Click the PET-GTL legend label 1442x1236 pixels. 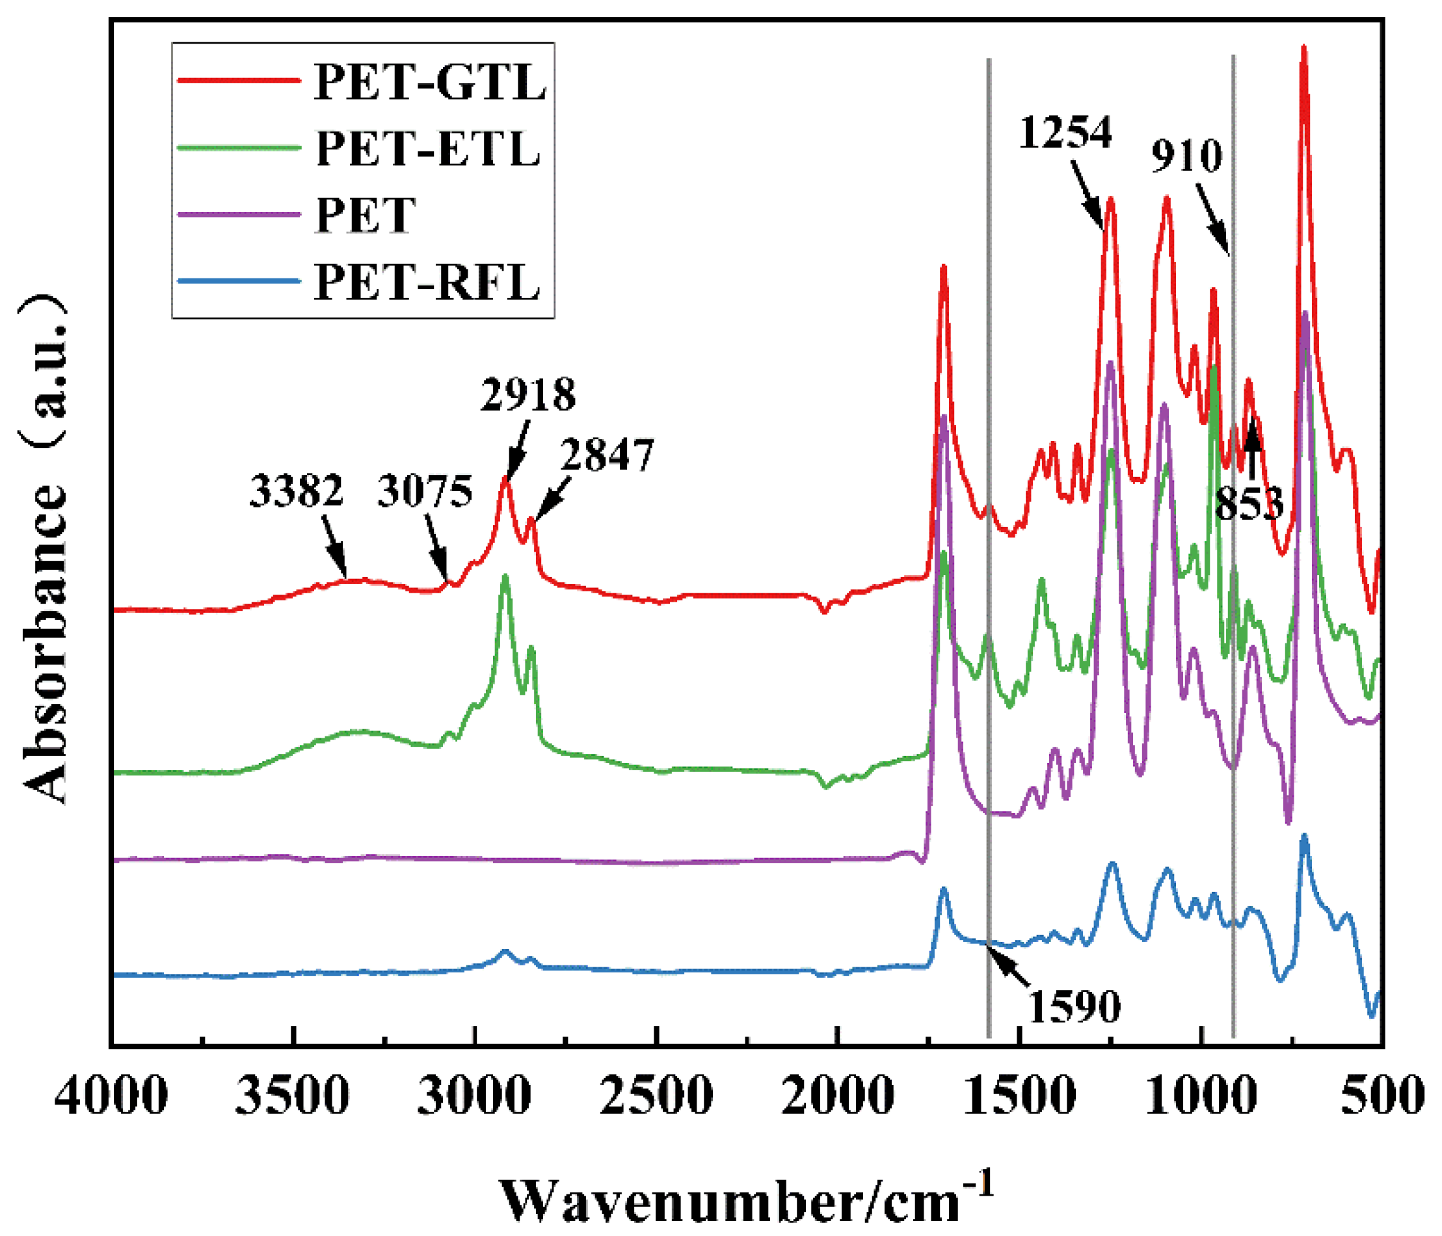(429, 81)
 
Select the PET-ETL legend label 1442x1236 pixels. (428, 148)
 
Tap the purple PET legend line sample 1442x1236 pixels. (239, 215)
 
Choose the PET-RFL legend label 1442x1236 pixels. (427, 282)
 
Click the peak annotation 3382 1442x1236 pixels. (297, 490)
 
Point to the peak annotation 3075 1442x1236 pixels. (425, 490)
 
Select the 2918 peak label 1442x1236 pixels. (527, 395)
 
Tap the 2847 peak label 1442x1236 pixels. (607, 455)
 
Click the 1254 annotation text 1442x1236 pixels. (1065, 132)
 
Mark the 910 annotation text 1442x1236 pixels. (1186, 156)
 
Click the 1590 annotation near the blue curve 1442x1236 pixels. (1075, 1006)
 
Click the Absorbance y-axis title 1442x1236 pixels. (46, 550)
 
